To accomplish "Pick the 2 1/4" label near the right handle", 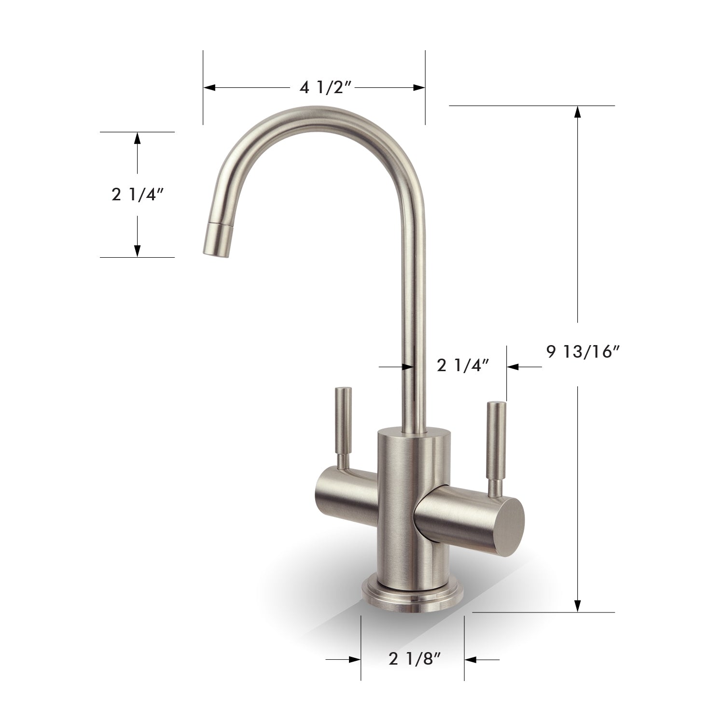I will coord(460,366).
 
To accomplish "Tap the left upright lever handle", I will coord(343,425).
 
